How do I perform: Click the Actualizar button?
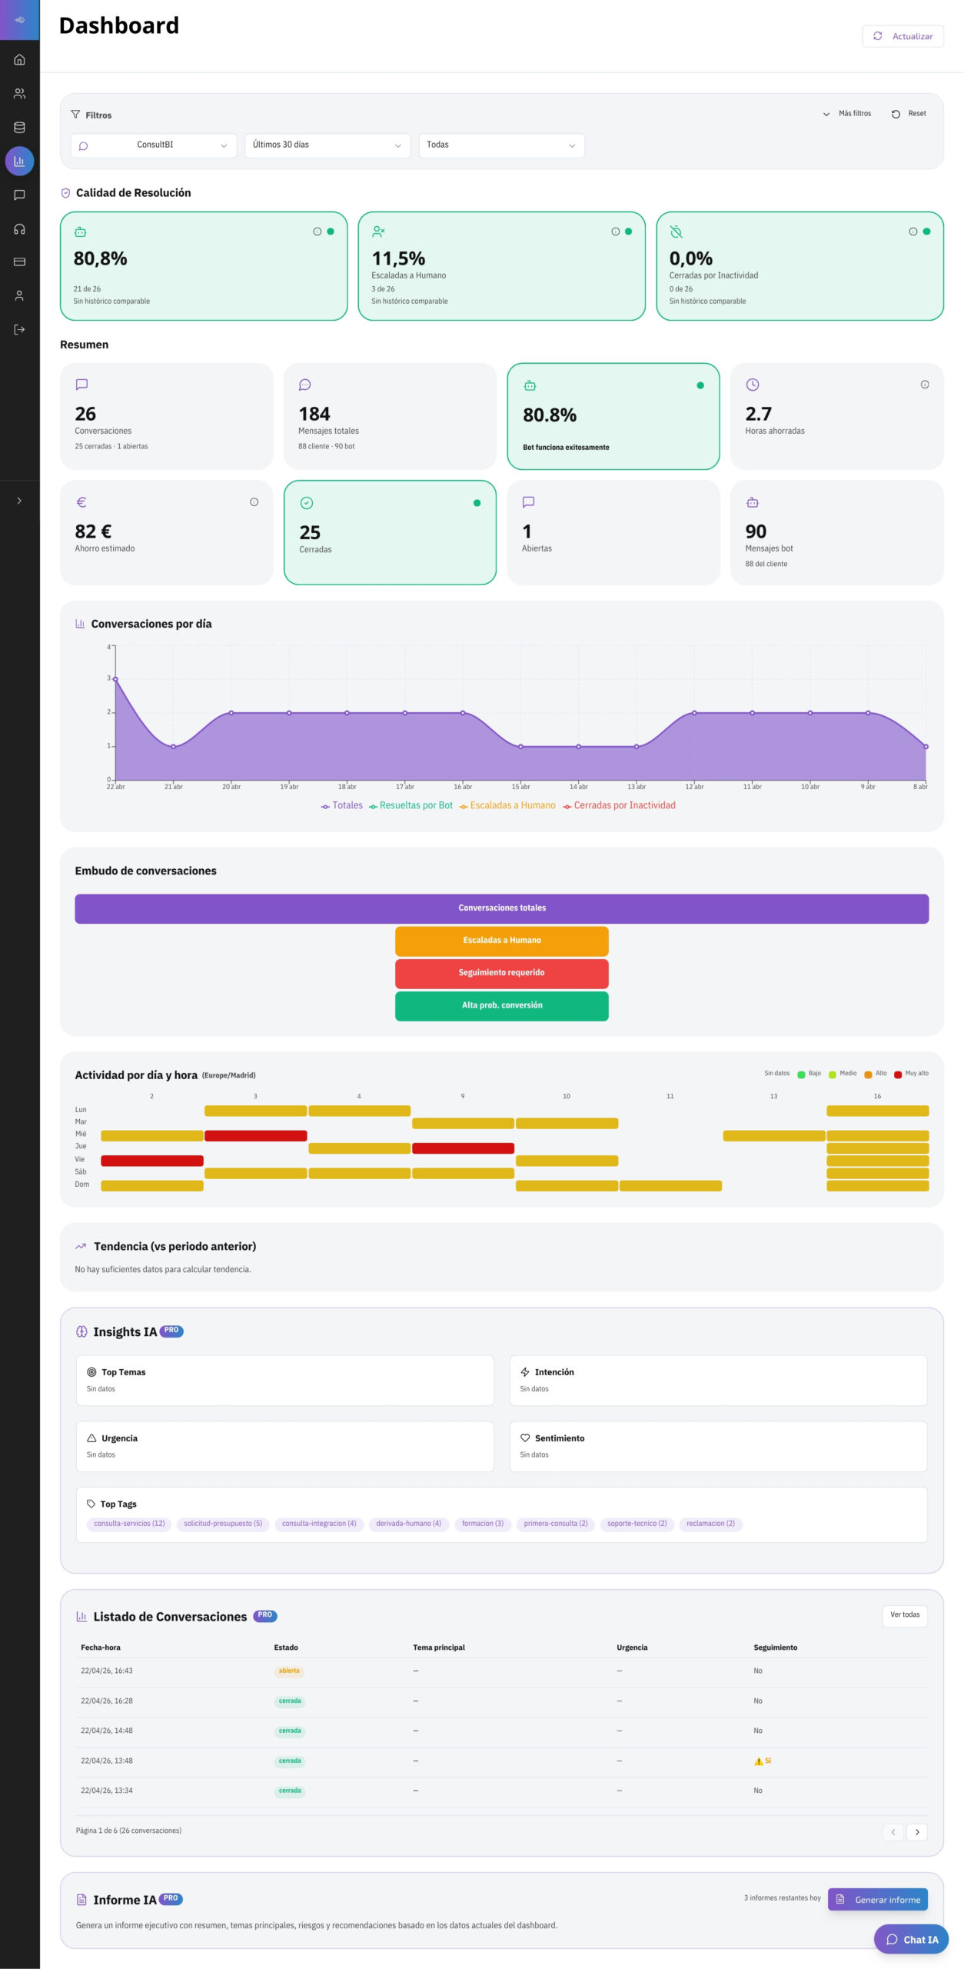(x=903, y=36)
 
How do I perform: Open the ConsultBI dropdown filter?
(x=154, y=145)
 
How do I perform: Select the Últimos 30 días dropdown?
(x=327, y=145)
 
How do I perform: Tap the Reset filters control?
(x=909, y=114)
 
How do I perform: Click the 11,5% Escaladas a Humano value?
(x=398, y=258)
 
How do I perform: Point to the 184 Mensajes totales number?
(x=314, y=414)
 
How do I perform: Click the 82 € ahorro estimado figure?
(x=93, y=531)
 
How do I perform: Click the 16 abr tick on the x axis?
(x=463, y=787)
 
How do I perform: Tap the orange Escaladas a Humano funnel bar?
(x=501, y=941)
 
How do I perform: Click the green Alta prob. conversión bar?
(x=501, y=1006)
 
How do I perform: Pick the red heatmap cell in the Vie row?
(x=152, y=1161)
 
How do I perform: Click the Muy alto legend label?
(x=916, y=1074)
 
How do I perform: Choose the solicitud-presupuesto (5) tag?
(x=223, y=1524)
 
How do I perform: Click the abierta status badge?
(x=289, y=1671)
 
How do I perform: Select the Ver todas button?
(x=904, y=1615)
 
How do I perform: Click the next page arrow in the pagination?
(x=916, y=1832)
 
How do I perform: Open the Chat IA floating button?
(x=912, y=1940)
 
